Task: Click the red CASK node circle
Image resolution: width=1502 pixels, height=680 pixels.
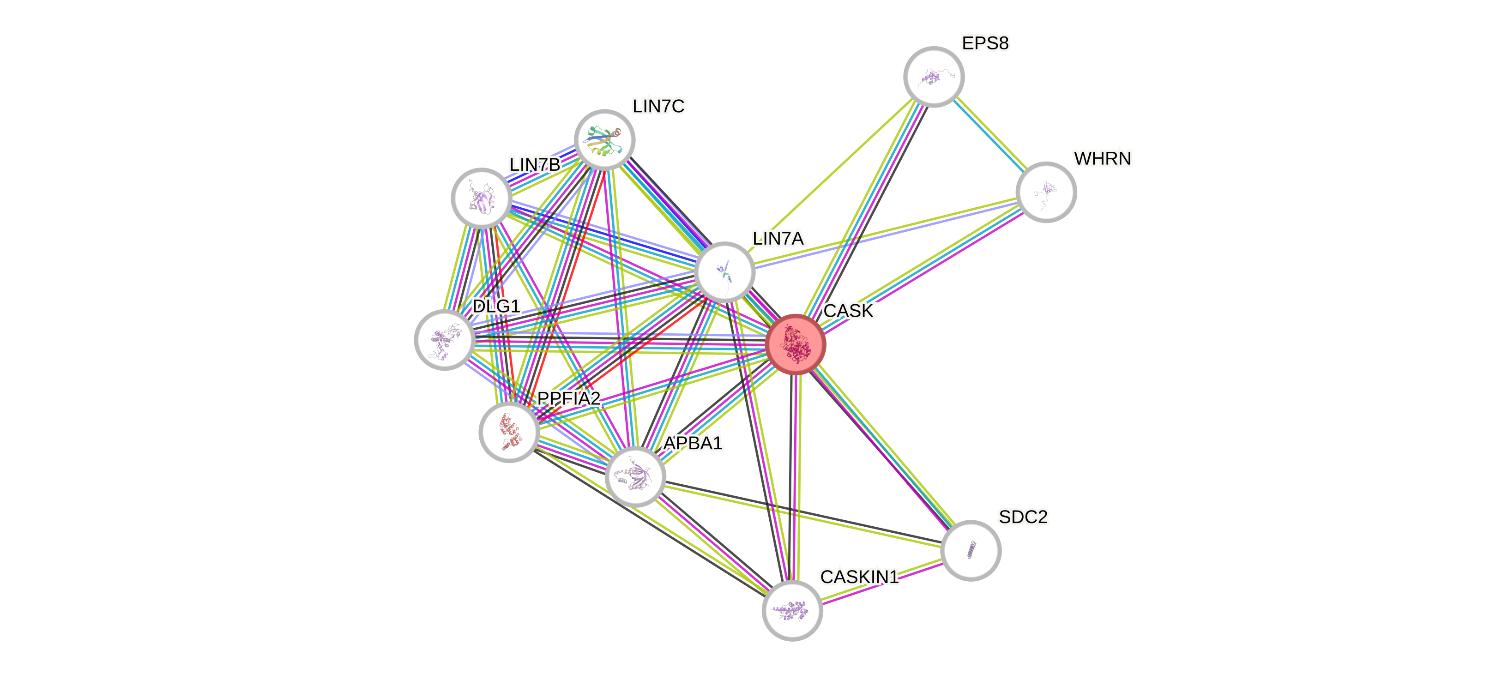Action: coord(795,344)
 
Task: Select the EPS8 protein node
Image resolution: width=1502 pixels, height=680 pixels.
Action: coord(934,76)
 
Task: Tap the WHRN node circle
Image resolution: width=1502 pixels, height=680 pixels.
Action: coord(1046,192)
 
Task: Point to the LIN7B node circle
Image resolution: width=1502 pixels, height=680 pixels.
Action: coord(482,199)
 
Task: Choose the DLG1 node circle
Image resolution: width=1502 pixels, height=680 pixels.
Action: coord(444,339)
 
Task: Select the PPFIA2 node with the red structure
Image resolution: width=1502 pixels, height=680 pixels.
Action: coord(509,432)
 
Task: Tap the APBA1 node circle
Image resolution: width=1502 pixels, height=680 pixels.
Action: coord(635,476)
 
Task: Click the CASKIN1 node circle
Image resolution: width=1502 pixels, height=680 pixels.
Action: coord(792,610)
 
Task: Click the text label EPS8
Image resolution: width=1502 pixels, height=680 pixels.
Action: coord(985,43)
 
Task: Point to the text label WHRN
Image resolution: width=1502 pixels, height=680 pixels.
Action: coord(1102,159)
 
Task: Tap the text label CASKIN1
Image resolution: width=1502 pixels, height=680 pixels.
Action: coord(859,577)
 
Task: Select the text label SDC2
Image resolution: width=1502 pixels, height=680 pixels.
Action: coord(1023,517)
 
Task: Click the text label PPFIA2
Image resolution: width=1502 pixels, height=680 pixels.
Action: coord(568,398)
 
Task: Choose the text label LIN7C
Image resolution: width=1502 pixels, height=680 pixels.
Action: coord(659,106)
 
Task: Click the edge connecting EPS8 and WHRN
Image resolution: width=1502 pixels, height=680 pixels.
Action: coord(990,135)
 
